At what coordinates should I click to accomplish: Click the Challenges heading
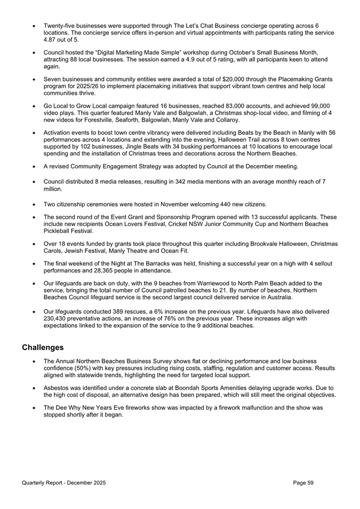click(43, 348)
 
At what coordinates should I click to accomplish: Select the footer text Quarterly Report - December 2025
click(64, 483)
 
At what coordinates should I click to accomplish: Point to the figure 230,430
click(56, 319)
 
